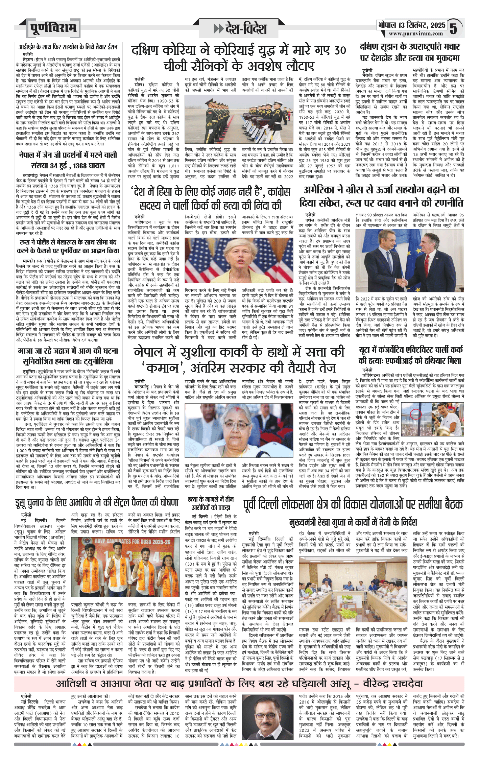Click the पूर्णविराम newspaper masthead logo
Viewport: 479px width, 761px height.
pyautogui.click(x=53, y=28)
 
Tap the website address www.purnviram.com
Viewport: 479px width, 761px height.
pyautogui.click(x=415, y=34)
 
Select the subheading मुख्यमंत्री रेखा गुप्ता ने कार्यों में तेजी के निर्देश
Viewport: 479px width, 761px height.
pyautogui.click(x=353, y=522)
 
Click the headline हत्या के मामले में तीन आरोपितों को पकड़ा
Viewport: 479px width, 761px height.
pyautogui.click(x=211, y=503)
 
